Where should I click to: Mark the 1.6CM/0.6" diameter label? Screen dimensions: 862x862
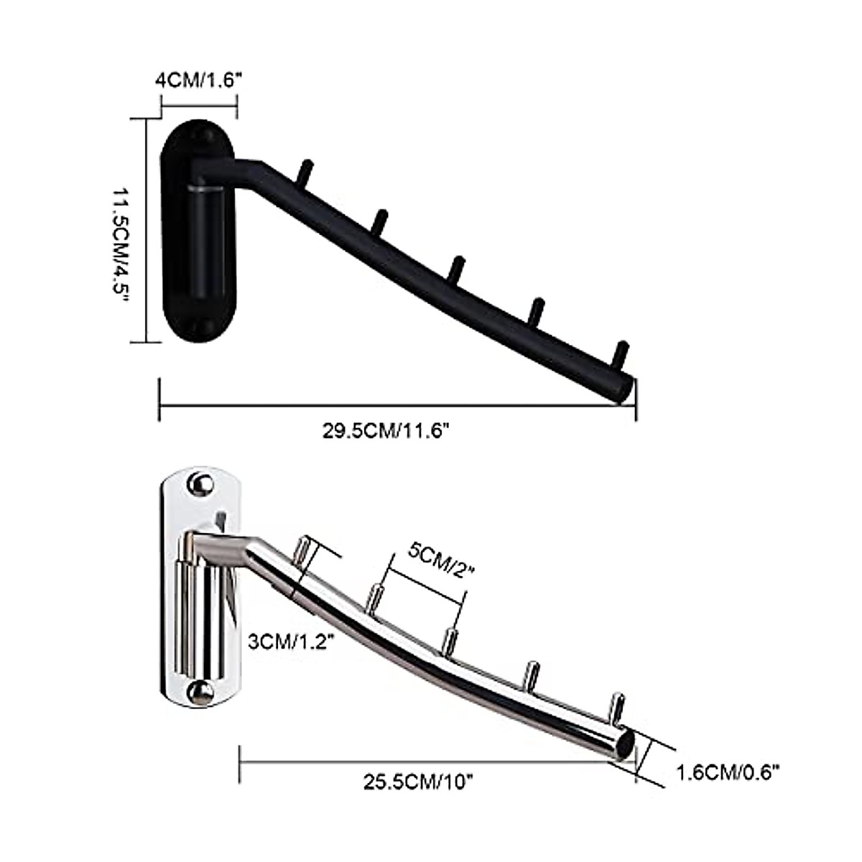pos(728,773)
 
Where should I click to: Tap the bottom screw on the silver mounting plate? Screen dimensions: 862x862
pos(199,692)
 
